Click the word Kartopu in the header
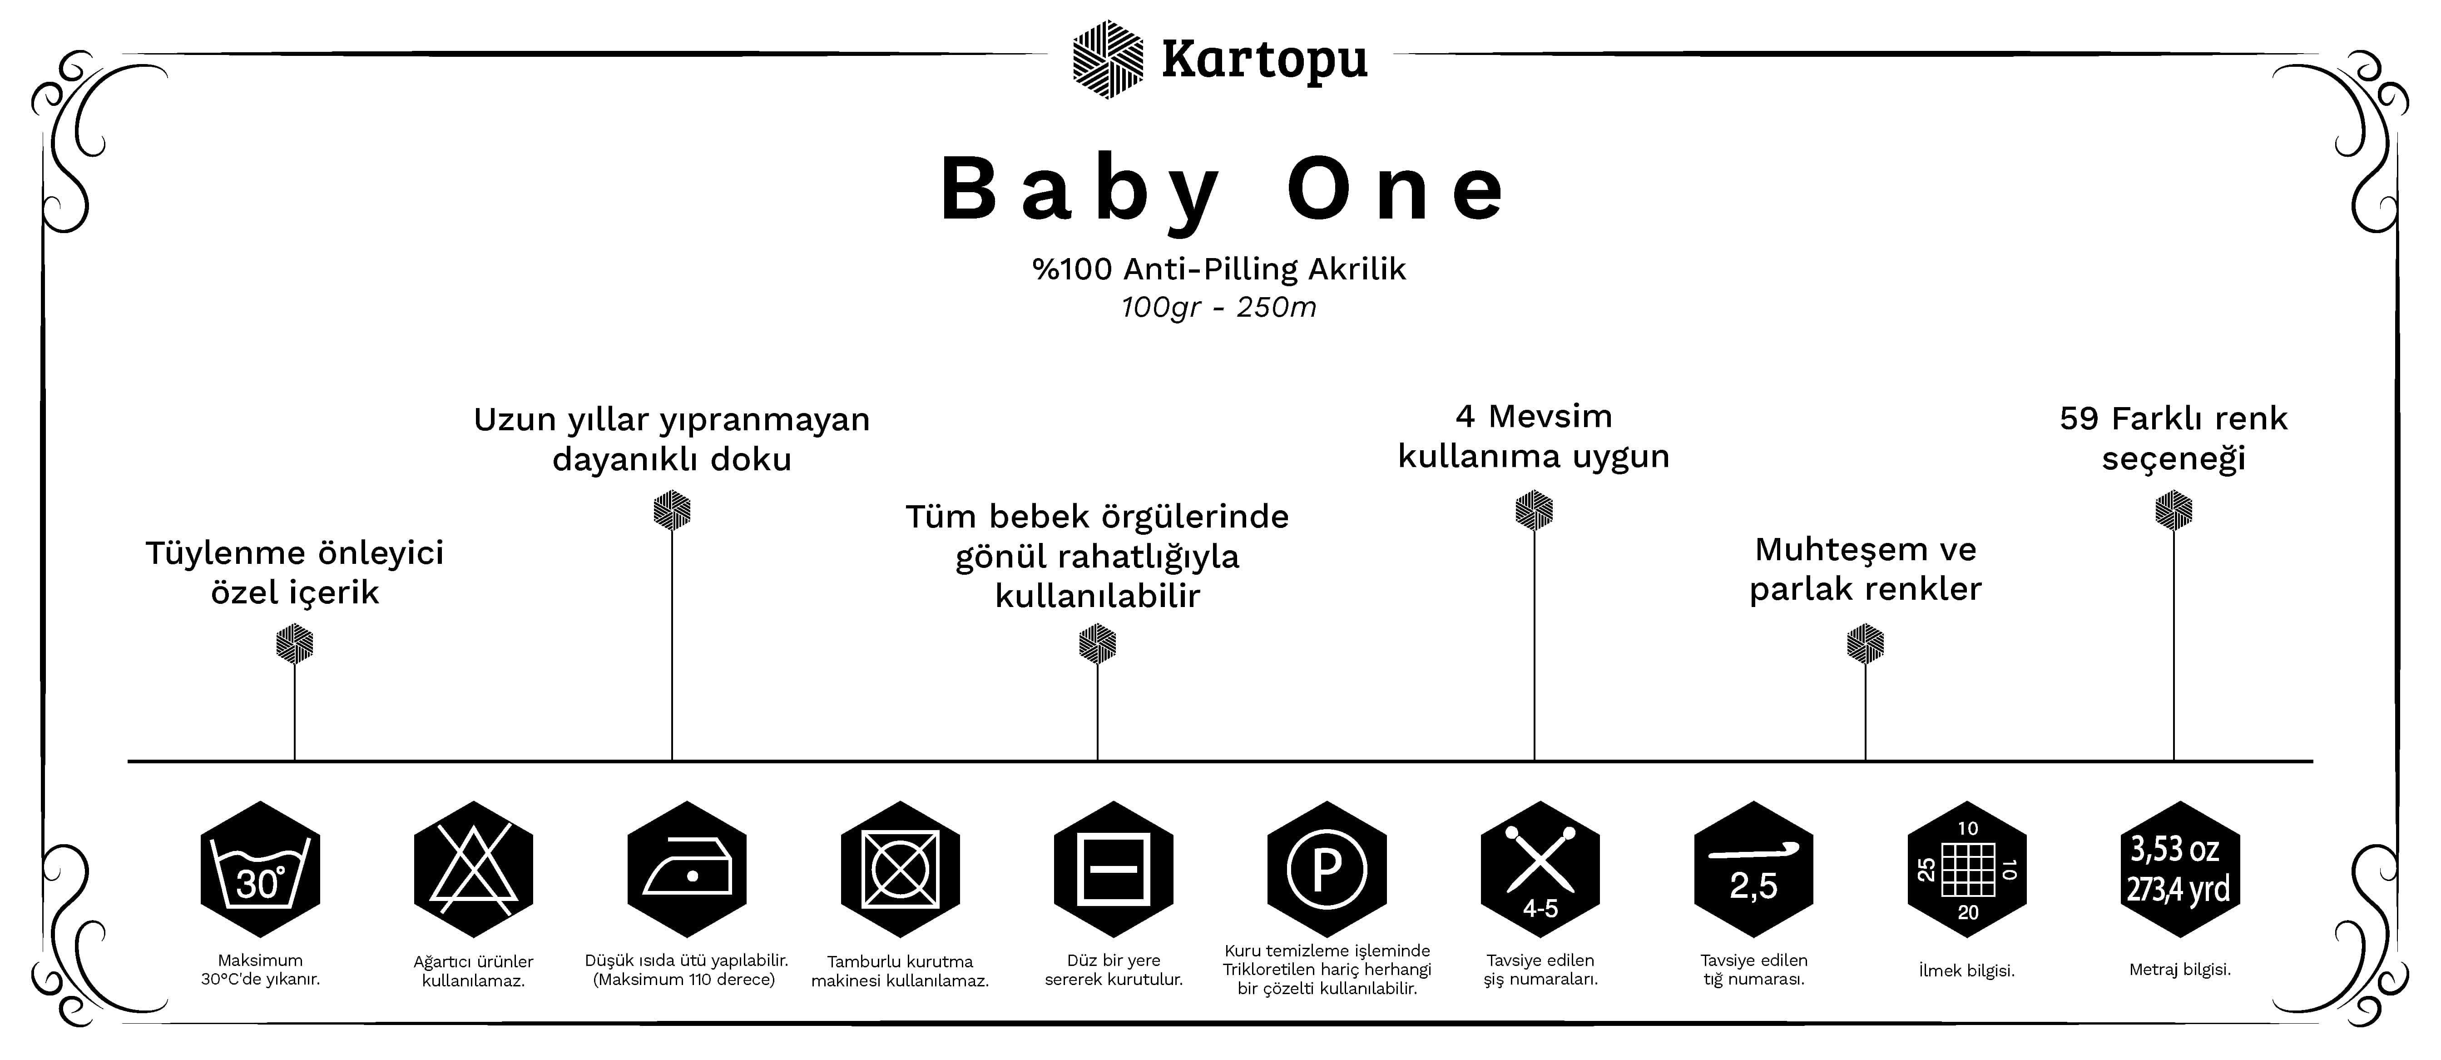[x=1264, y=59]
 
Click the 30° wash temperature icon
[x=261, y=870]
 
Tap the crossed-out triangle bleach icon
[x=474, y=870]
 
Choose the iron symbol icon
[x=687, y=870]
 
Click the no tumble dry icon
[x=900, y=870]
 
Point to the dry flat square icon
[x=1114, y=870]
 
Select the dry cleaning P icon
[x=1327, y=870]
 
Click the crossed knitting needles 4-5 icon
[x=1540, y=870]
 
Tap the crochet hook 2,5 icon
[x=1753, y=870]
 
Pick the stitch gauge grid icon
[x=1966, y=870]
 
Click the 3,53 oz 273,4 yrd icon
[x=2179, y=870]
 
